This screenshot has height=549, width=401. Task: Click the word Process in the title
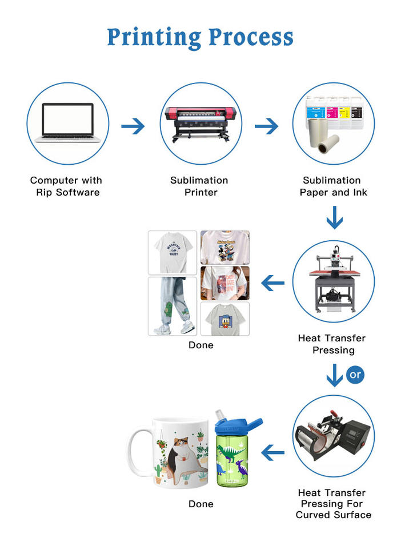(251, 37)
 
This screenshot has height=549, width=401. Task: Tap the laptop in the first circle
(67, 123)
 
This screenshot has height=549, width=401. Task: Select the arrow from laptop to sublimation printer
(133, 126)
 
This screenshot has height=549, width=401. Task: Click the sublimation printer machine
(200, 123)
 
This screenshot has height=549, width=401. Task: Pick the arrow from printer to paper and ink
(266, 126)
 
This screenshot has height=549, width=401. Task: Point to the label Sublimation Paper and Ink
(332, 186)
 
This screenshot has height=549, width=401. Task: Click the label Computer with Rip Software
(66, 186)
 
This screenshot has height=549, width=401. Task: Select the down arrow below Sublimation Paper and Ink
(334, 218)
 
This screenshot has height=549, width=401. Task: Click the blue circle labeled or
(355, 375)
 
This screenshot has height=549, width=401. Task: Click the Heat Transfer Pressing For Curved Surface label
(333, 504)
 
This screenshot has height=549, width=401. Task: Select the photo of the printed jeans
(172, 307)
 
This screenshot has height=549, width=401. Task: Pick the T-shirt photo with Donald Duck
(224, 319)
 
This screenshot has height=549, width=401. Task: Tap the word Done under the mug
(201, 504)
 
